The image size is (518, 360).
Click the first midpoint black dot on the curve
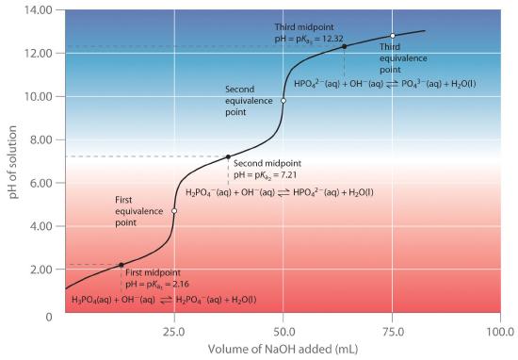click(x=121, y=265)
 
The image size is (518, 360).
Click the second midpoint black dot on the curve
click(x=228, y=156)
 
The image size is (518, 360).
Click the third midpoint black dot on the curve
click(x=344, y=46)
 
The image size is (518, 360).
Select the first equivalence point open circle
click(x=174, y=211)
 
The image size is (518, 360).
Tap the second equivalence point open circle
click(x=283, y=101)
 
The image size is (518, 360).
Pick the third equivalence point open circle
click(x=393, y=36)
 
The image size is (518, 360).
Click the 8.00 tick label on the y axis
click(x=37, y=139)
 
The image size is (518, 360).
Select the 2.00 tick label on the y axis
click(x=37, y=270)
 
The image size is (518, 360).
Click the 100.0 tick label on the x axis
click(x=500, y=332)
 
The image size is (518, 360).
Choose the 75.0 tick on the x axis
click(x=393, y=332)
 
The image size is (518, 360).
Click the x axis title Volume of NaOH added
click(x=283, y=351)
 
